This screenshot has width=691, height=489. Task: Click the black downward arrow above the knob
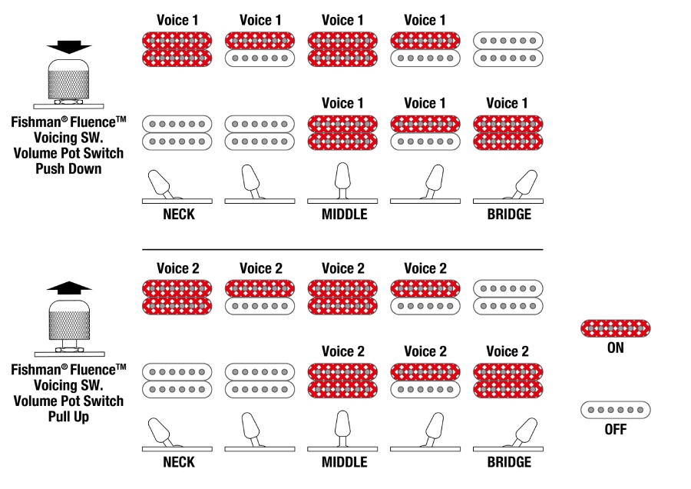tap(68, 46)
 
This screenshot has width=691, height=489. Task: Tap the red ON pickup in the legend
tap(615, 329)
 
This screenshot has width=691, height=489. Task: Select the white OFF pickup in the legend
tap(615, 410)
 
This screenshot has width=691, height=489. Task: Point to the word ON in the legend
tap(615, 348)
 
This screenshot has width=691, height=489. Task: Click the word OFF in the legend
tap(615, 429)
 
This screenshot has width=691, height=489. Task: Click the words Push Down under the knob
tap(68, 169)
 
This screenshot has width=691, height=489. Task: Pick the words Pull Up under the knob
tap(68, 417)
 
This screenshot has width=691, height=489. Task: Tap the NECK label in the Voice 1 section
tap(178, 215)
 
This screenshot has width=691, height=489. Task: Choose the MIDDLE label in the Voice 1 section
tap(343, 215)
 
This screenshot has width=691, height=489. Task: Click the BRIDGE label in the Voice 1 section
tap(508, 215)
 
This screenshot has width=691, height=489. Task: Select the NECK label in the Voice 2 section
tap(178, 463)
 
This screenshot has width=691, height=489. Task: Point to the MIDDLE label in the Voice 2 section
tap(343, 463)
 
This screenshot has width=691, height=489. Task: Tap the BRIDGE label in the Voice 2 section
tap(508, 463)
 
